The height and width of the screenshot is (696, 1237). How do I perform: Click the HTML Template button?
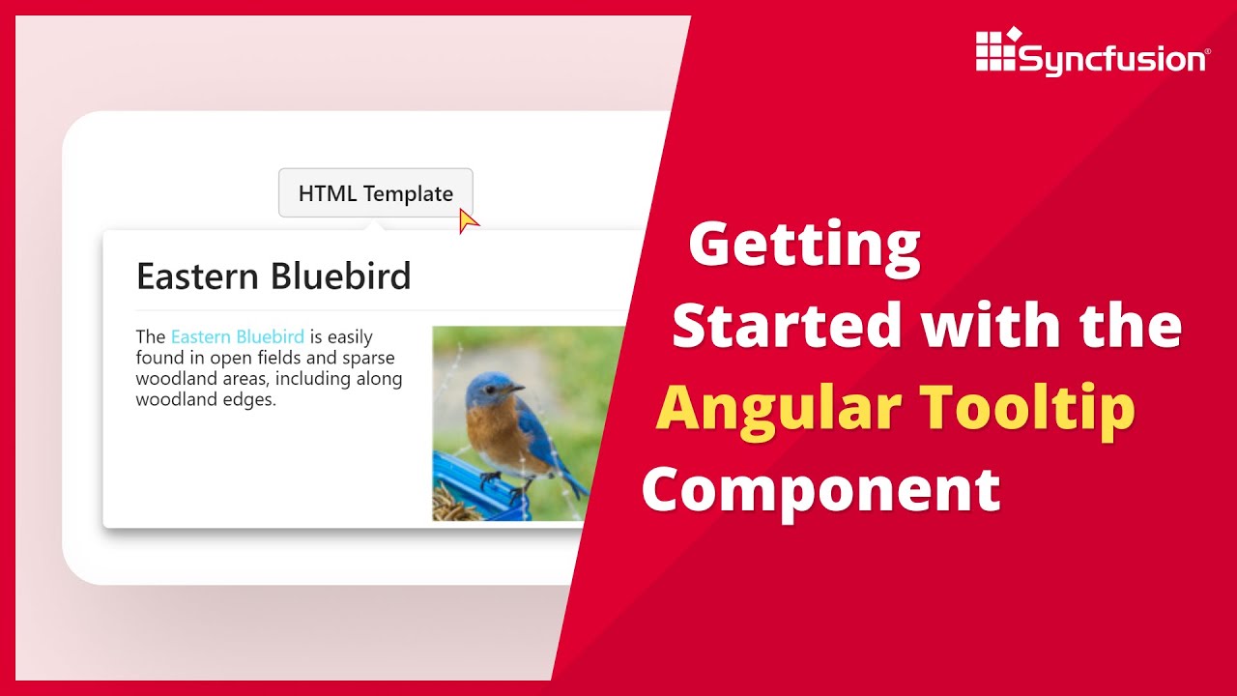pyautogui.click(x=375, y=193)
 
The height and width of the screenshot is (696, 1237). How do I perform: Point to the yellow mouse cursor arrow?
pyautogui.click(x=468, y=221)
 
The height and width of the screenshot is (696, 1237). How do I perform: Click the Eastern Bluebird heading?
pyautogui.click(x=273, y=276)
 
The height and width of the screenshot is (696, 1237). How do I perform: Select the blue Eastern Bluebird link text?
pyautogui.click(x=237, y=337)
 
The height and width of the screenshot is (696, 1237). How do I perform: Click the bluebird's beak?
pyautogui.click(x=517, y=389)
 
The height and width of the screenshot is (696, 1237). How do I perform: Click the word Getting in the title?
pyautogui.click(x=804, y=246)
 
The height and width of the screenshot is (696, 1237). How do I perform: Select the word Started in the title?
pyautogui.click(x=788, y=326)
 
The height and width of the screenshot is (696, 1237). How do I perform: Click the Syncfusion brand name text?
pyautogui.click(x=1111, y=60)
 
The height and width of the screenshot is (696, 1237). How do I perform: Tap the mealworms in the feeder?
pyautogui.click(x=454, y=505)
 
